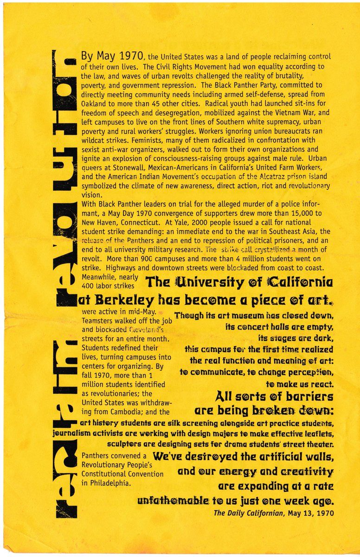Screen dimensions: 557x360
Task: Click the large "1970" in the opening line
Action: pos(127,56)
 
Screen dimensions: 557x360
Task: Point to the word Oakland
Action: pos(94,104)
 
